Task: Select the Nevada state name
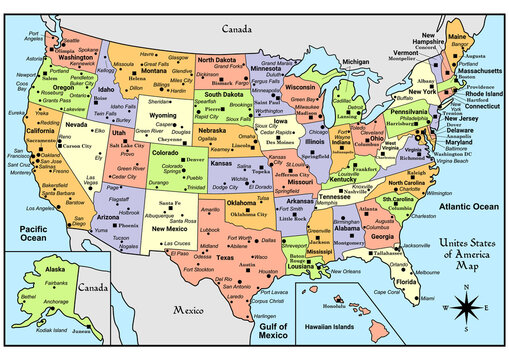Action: pos(76,125)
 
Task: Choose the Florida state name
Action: pos(406,282)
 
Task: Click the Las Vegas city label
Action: pos(89,183)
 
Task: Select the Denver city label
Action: pos(198,158)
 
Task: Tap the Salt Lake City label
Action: pos(128,145)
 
